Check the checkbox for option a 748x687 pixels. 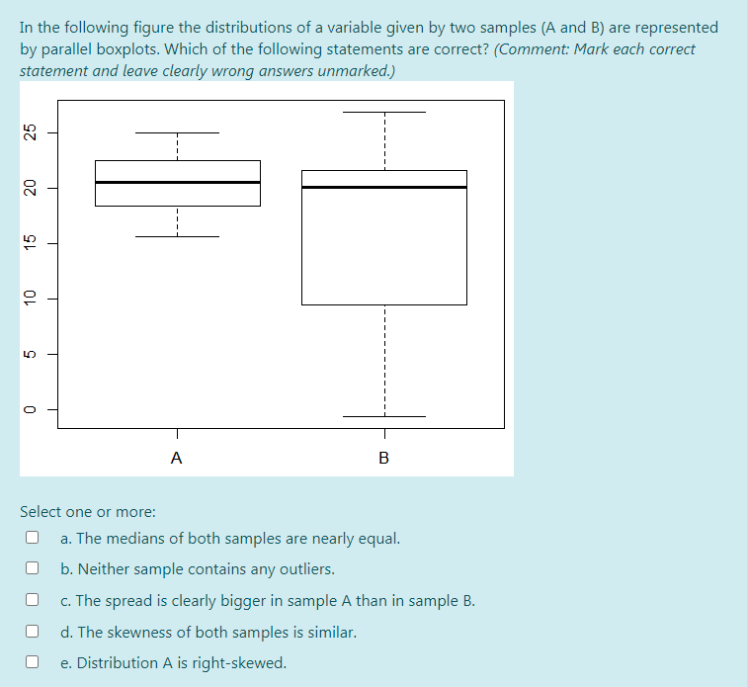33,539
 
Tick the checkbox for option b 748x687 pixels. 33,569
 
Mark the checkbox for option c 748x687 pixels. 33,600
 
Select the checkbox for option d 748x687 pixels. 33,632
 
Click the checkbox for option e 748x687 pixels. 33,662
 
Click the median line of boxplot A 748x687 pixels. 177,182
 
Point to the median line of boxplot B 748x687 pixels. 383,187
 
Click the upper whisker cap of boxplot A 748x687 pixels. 177,132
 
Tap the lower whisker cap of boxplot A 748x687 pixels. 177,237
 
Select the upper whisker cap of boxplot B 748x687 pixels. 383,112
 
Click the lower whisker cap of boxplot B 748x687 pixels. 383,417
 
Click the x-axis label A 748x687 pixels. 176,458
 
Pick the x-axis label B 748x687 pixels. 383,458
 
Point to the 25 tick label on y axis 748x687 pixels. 30,132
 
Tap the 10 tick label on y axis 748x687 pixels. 30,298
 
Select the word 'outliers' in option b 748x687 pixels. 305,569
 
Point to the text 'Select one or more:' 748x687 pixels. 88,512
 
